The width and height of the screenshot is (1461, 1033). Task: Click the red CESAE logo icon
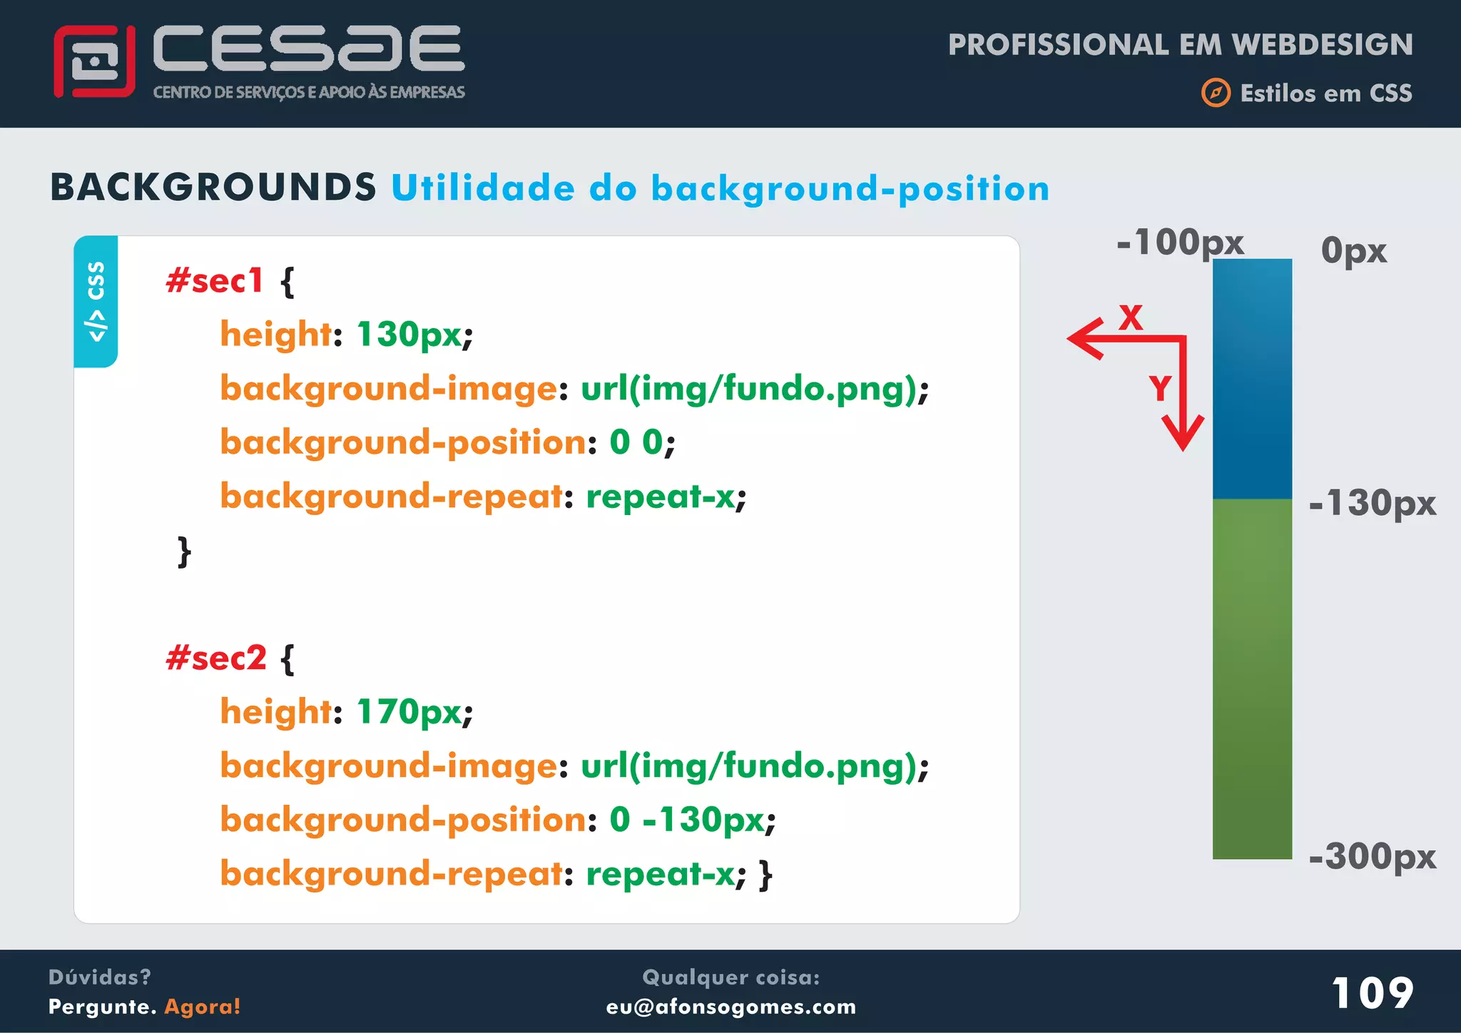click(94, 61)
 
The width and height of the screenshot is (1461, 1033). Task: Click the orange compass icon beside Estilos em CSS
click(1216, 93)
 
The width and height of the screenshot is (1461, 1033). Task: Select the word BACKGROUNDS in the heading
click(213, 188)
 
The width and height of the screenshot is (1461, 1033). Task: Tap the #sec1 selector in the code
click(215, 280)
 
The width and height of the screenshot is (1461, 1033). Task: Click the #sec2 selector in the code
click(216, 658)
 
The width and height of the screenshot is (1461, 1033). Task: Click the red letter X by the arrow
click(1131, 317)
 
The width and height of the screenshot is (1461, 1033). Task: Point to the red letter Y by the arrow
click(1160, 389)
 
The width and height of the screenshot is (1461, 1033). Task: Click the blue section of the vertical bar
click(1252, 378)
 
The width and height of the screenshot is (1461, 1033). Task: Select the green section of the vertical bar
click(1252, 678)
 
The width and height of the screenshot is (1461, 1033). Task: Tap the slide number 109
click(1373, 992)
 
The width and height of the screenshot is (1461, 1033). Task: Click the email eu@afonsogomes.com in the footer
click(730, 1007)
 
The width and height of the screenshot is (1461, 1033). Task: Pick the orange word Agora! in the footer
click(203, 1007)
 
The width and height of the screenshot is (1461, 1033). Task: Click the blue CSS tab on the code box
click(96, 301)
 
